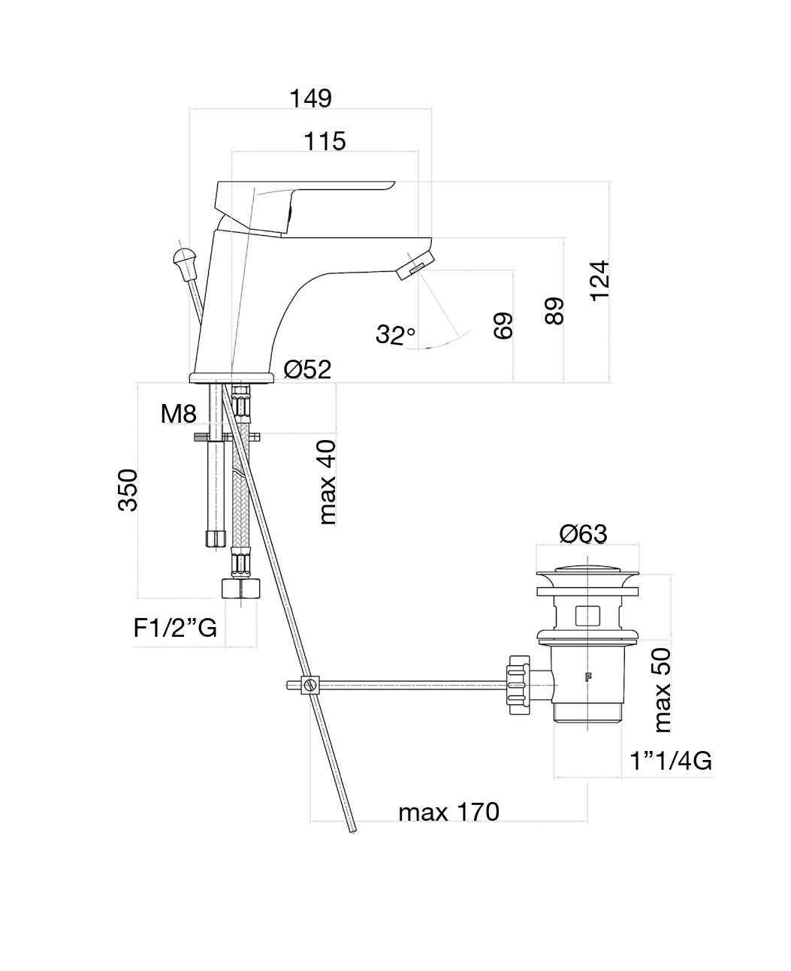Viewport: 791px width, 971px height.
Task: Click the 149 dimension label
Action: [310, 98]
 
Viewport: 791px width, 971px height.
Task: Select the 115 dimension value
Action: [325, 141]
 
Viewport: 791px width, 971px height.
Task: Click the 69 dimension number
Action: [503, 326]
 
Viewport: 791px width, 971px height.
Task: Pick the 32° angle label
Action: [395, 334]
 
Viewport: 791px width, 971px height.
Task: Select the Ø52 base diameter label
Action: [307, 369]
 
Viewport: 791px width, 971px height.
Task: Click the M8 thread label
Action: [178, 413]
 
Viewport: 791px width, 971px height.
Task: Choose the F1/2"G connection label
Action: [175, 628]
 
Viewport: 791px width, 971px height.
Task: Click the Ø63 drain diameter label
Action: [583, 534]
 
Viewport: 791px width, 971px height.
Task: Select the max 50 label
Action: [663, 691]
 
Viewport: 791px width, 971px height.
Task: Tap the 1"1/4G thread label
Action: [671, 761]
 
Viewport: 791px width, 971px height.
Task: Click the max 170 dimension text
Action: [448, 812]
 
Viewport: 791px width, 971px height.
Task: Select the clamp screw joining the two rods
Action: [309, 685]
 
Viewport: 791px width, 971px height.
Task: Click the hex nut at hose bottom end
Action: [240, 587]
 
